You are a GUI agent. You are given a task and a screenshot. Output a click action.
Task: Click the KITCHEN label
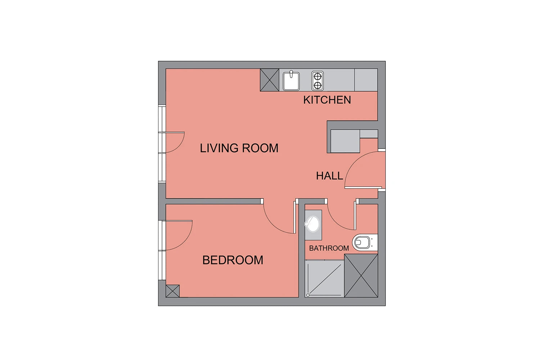tap(327, 100)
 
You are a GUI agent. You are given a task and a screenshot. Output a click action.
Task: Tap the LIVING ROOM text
tap(239, 148)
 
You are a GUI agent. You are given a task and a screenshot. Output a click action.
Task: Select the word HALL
tap(329, 176)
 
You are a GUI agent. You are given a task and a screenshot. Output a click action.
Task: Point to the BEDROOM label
tap(233, 260)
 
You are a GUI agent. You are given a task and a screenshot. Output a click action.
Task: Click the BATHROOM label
tap(329, 248)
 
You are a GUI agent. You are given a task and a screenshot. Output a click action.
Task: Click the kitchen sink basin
tap(291, 81)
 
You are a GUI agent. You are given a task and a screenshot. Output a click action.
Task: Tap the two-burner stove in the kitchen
tap(318, 81)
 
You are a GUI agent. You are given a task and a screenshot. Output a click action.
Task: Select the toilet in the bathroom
tap(365, 242)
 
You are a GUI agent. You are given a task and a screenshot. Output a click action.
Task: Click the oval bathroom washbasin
tap(313, 224)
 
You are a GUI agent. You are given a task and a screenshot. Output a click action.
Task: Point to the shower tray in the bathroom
tap(324, 279)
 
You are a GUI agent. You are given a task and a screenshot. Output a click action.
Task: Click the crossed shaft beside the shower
tap(361, 276)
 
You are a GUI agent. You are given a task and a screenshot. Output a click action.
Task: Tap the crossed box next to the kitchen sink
tap(270, 80)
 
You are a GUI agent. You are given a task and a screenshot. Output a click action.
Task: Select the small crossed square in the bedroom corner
tap(172, 291)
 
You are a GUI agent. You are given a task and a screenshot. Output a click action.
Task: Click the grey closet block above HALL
tap(345, 141)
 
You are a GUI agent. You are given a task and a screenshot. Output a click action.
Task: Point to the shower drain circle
tap(308, 295)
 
